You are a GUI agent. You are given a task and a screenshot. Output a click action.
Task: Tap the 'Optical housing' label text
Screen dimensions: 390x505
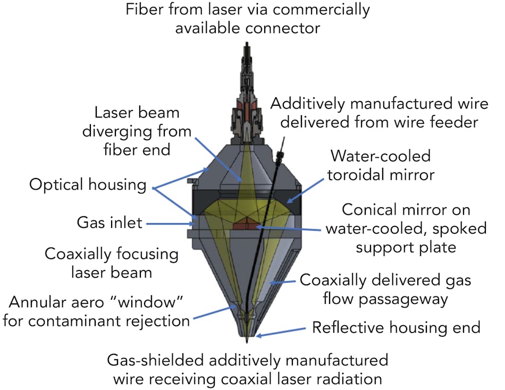point(88,185)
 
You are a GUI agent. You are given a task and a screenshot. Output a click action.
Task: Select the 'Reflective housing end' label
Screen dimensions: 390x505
point(396,327)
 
